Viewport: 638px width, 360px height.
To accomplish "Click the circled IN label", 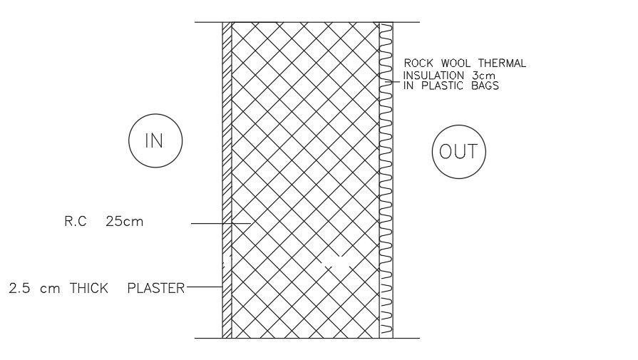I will pos(155,141).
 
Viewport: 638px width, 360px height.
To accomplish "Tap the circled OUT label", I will pos(459,152).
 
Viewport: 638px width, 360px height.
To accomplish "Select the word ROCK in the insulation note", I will pos(420,63).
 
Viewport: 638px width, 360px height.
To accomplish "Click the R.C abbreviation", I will pos(75,222).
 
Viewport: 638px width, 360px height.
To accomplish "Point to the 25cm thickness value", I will pos(124,222).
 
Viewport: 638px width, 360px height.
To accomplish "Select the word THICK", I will pos(88,289).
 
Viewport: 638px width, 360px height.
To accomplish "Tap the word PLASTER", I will pos(155,289).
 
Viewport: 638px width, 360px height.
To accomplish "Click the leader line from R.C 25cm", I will pos(214,224).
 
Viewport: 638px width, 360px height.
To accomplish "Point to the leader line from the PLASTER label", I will pos(203,287).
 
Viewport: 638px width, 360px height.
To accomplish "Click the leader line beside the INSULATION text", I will pos(395,81).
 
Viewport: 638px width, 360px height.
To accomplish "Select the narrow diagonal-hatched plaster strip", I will pos(227,178).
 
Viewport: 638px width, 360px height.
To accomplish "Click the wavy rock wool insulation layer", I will pos(386,178).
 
